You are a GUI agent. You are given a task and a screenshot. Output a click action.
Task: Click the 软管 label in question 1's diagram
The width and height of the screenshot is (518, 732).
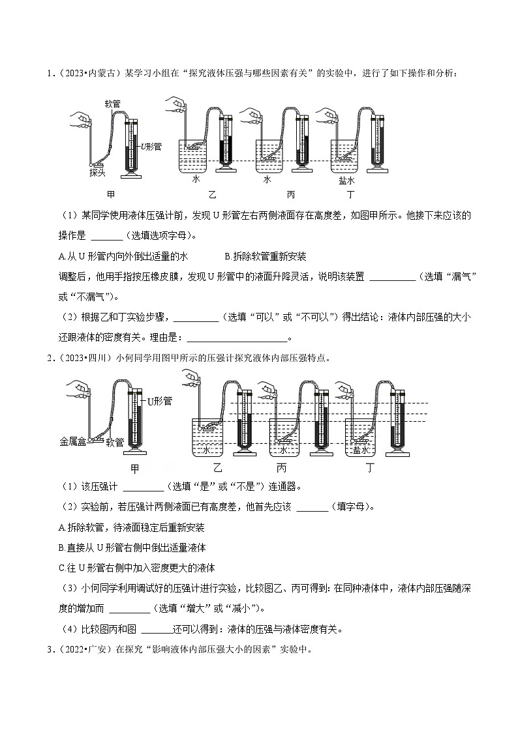pos(113,104)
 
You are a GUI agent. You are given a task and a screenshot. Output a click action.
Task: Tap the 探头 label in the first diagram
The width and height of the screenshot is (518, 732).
pos(97,172)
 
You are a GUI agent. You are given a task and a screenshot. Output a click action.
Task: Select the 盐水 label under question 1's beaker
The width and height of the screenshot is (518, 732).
pos(346,181)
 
